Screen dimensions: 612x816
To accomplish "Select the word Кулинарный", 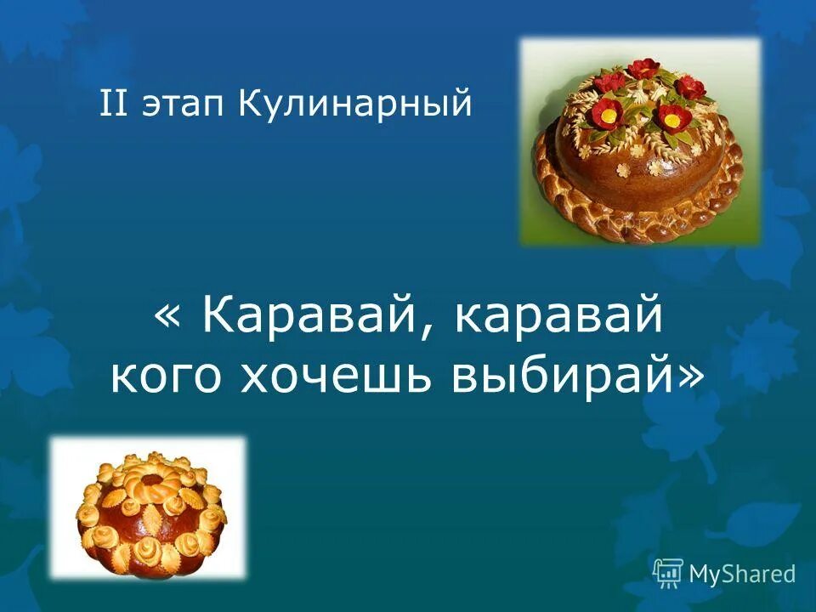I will click(x=354, y=105).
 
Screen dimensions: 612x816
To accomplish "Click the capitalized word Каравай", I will click(x=308, y=317).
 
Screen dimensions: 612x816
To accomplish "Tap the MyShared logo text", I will click(x=742, y=574).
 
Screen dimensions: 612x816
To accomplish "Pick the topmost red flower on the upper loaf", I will click(x=643, y=67).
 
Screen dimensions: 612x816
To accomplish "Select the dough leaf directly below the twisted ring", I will click(x=150, y=514).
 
